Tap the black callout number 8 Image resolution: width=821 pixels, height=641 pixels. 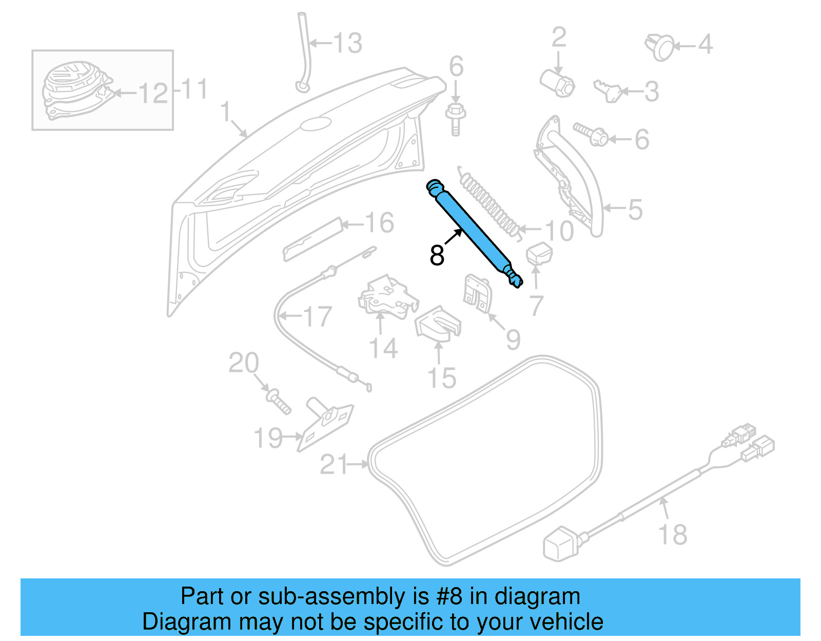[x=437, y=255]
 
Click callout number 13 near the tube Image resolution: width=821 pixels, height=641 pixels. [x=348, y=43]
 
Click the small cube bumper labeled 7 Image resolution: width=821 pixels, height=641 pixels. [x=538, y=255]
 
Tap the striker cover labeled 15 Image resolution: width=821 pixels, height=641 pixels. [x=438, y=324]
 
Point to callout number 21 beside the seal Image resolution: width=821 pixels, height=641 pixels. [x=334, y=464]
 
